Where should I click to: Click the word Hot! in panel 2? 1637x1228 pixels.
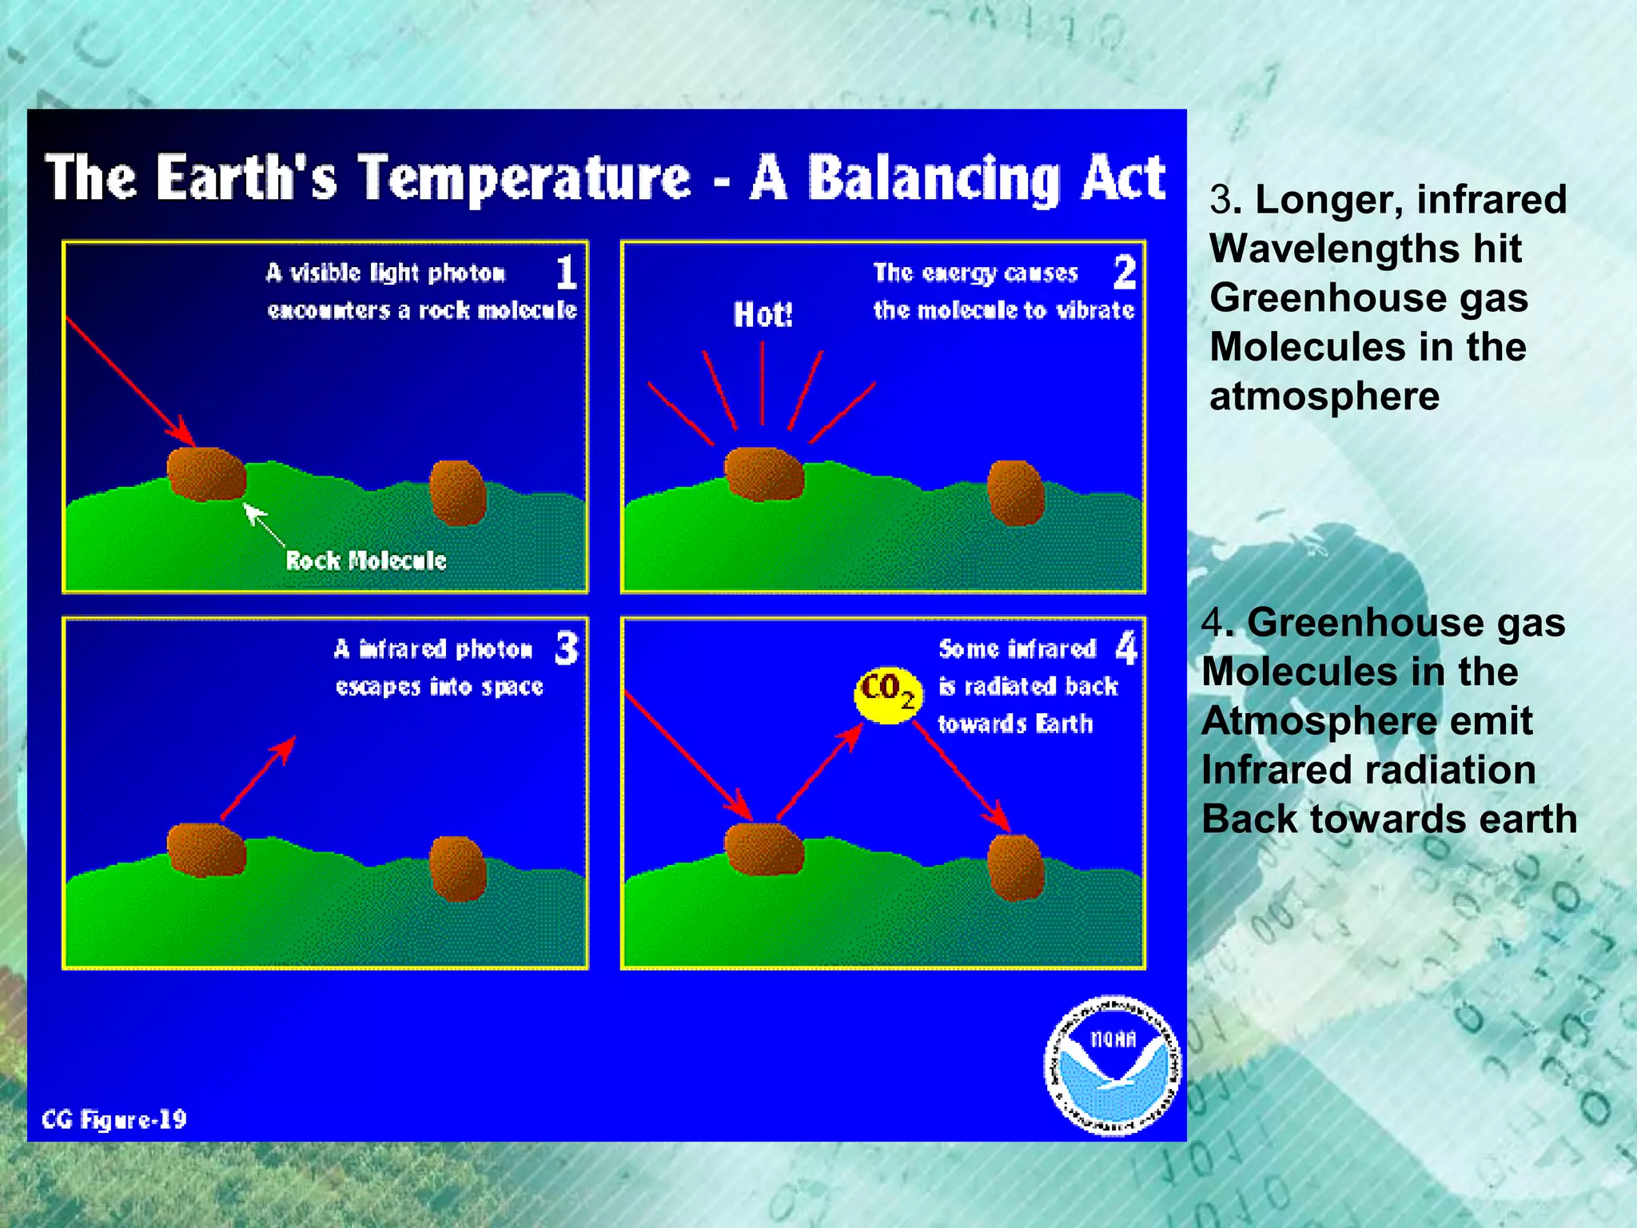click(763, 315)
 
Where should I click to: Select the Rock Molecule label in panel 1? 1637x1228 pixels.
click(366, 560)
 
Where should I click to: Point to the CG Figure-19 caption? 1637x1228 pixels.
click(114, 1119)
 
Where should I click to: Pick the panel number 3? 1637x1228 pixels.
click(566, 648)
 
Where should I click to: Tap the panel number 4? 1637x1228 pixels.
click(1125, 648)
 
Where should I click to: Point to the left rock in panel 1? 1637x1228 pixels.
click(206, 474)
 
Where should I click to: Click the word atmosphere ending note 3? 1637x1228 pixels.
click(1324, 397)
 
